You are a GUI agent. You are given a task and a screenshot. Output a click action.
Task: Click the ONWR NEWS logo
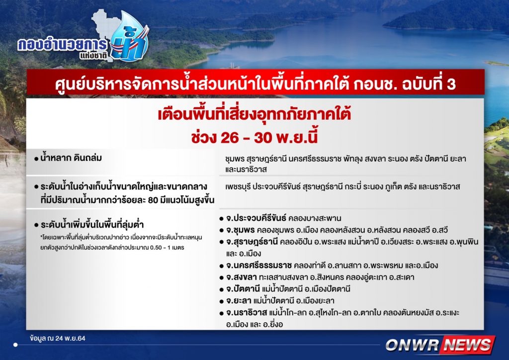440,345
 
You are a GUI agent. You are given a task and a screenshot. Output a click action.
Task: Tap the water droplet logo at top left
129,37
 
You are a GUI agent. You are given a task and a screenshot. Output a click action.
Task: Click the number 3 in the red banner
451,84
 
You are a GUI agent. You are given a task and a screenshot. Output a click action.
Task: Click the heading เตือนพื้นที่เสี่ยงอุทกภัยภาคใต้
254,114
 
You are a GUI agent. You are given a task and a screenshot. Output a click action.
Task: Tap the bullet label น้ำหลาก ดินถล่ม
71,158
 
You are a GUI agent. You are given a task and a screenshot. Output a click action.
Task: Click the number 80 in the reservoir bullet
153,200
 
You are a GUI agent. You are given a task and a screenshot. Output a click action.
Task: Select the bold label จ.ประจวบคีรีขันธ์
256,218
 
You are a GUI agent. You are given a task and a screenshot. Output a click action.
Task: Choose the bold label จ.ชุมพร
241,230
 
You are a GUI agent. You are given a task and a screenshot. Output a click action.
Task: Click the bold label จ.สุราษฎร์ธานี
252,242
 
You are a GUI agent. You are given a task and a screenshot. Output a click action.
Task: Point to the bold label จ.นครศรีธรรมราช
259,265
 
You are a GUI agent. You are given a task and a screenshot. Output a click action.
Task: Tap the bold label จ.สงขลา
242,277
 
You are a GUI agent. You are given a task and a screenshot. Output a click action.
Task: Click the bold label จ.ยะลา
239,301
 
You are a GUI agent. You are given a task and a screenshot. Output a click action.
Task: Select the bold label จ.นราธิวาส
247,313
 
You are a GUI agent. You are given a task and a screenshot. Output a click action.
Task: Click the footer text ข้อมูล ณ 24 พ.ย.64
58,338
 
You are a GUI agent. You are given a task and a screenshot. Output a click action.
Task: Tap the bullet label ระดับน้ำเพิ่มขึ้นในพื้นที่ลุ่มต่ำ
92,225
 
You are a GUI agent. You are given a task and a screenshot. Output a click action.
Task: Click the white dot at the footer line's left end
15,345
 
